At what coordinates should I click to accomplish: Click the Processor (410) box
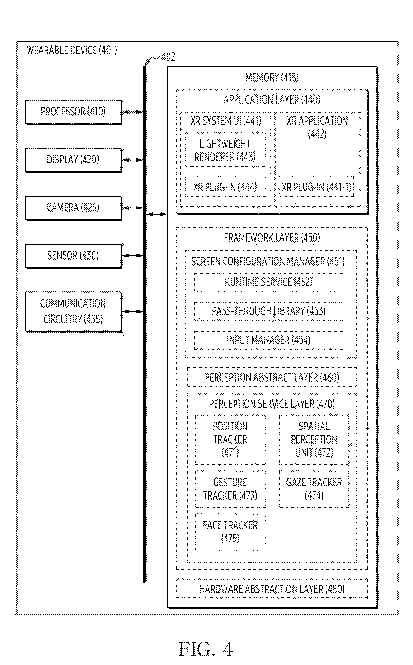tap(73, 112)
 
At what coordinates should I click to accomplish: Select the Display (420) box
tap(73, 160)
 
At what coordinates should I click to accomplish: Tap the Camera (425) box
tap(73, 208)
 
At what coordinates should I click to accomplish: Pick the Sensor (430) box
tap(73, 256)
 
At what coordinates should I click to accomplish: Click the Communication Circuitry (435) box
tap(73, 312)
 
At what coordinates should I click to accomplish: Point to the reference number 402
tap(168, 57)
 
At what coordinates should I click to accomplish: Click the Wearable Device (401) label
tap(72, 51)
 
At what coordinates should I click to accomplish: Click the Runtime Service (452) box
tap(268, 282)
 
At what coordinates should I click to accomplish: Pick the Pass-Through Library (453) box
tap(268, 311)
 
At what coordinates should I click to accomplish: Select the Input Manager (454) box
tap(268, 340)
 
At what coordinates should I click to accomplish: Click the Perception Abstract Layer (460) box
tap(272, 377)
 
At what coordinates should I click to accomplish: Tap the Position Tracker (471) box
tap(230, 440)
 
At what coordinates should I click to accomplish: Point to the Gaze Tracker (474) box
tap(314, 489)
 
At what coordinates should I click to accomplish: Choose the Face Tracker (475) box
tap(230, 532)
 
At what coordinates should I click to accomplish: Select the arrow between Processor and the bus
tap(133, 112)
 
